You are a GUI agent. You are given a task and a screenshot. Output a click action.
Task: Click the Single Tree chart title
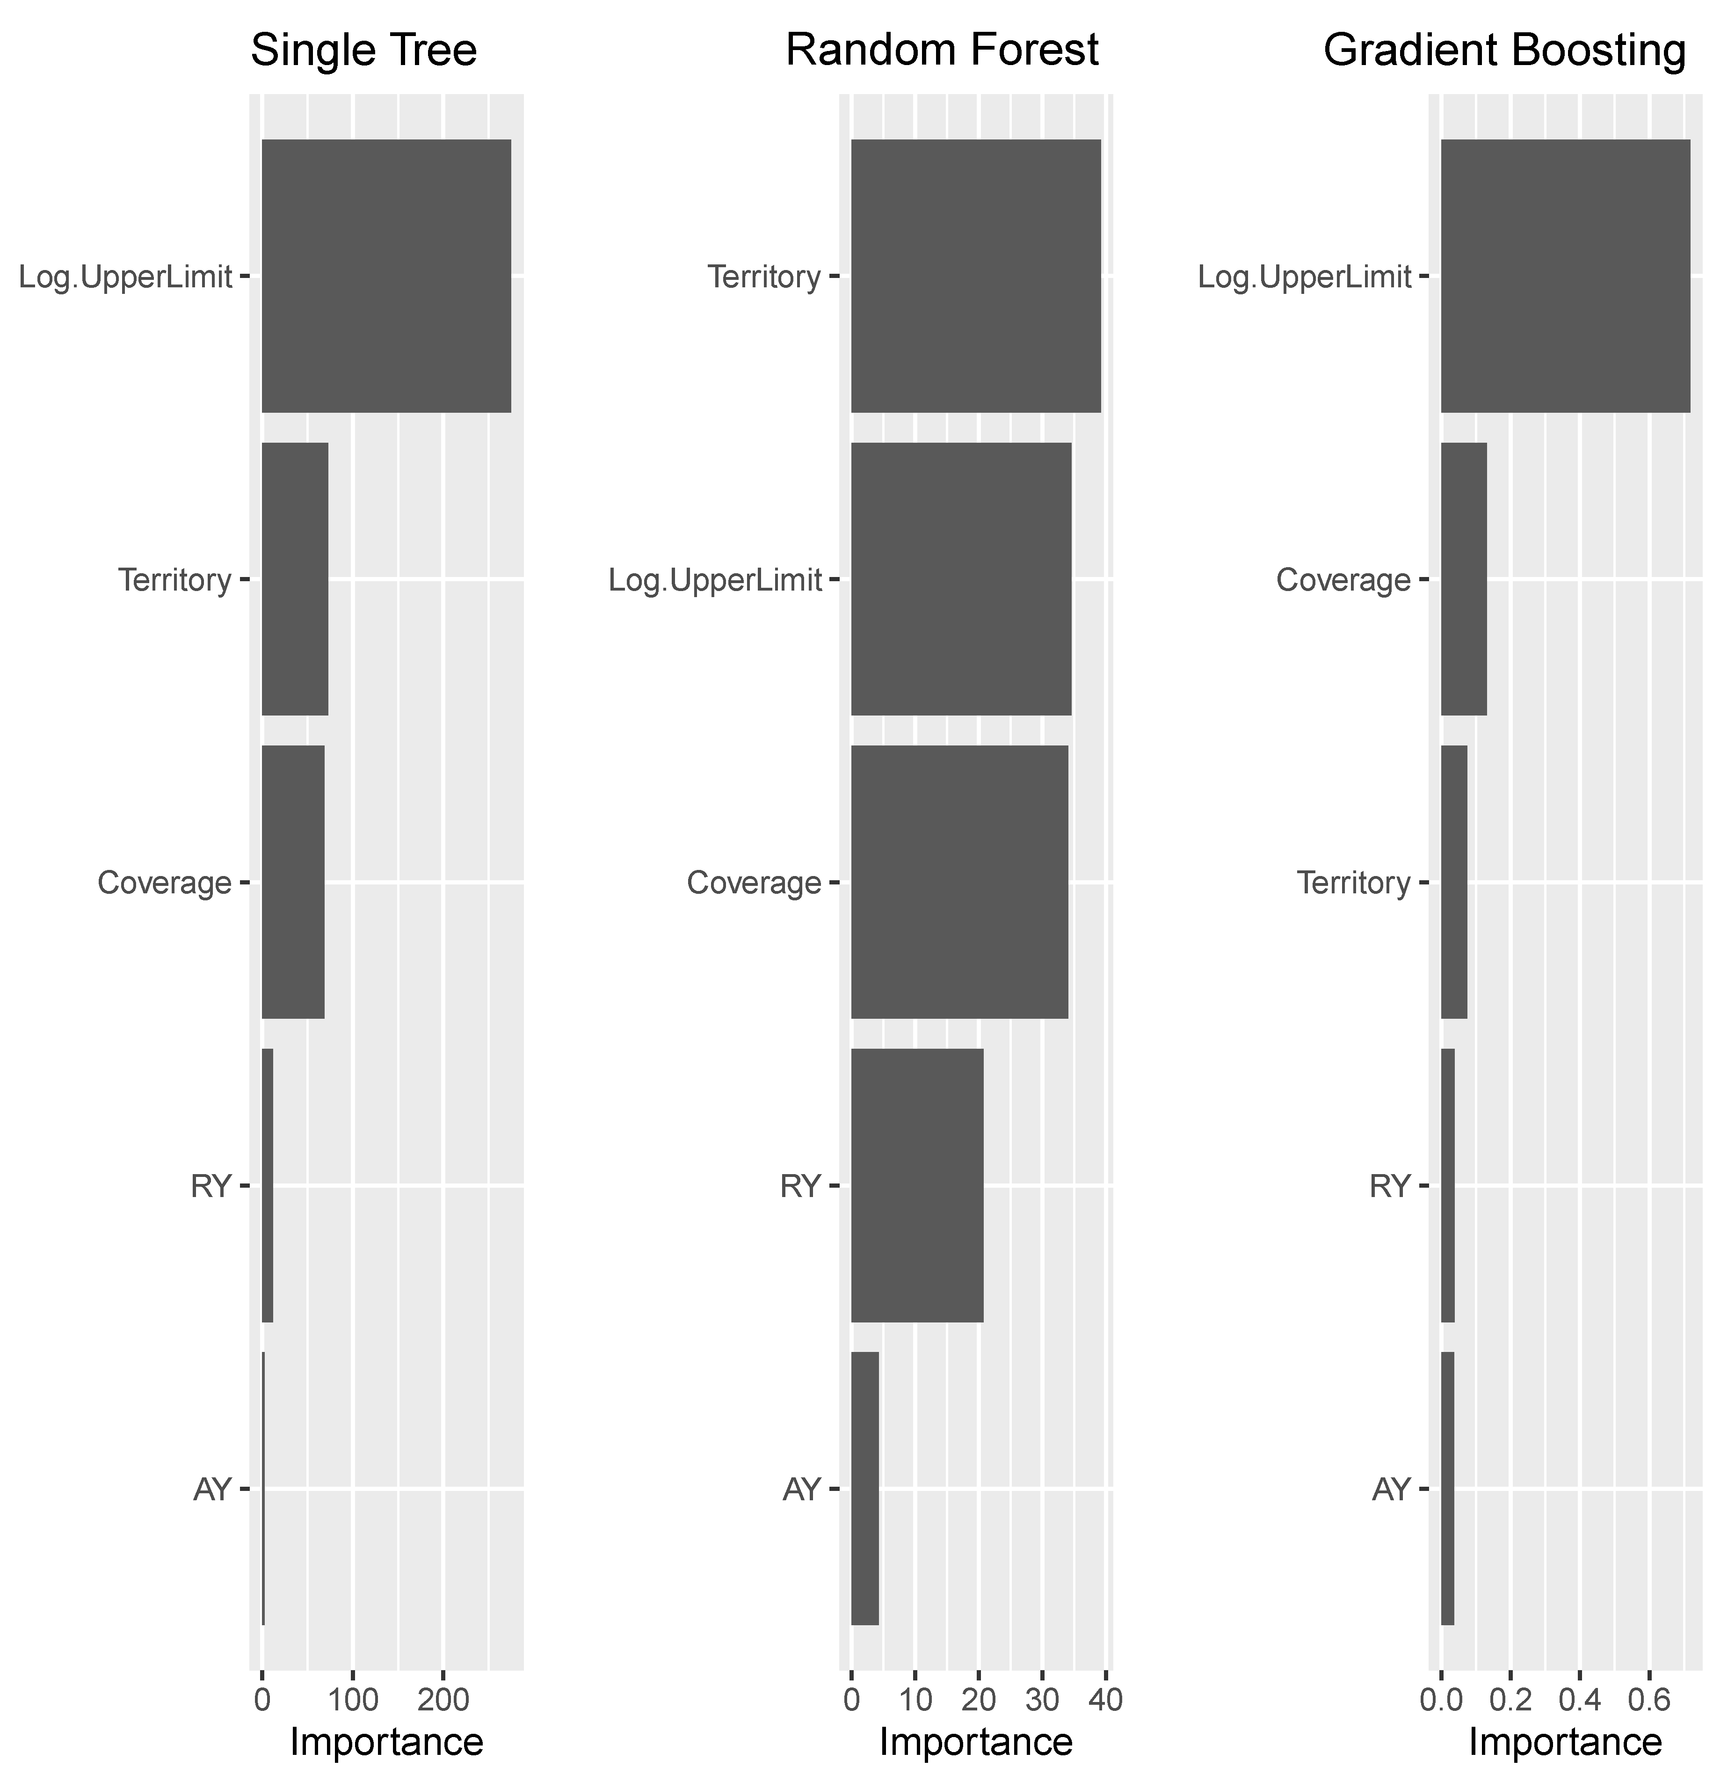coord(363,51)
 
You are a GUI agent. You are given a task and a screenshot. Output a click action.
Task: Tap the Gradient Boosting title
coord(1504,51)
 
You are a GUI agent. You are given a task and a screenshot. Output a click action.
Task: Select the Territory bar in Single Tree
coord(294,579)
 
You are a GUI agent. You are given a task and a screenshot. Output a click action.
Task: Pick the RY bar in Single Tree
coord(267,1185)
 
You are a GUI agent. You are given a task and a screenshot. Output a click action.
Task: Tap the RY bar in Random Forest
coord(917,1185)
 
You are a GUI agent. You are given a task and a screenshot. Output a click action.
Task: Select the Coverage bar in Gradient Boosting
coord(1463,579)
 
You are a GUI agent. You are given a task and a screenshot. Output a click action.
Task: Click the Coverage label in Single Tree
coord(164,882)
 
